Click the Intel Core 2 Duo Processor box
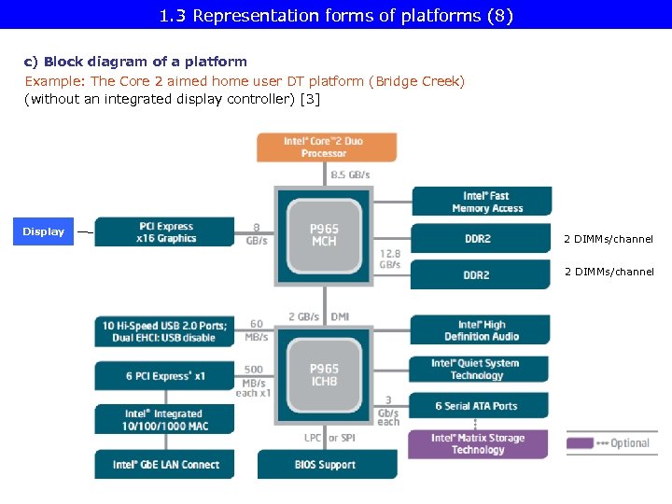coord(326,147)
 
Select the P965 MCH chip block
coord(324,235)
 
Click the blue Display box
coord(44,231)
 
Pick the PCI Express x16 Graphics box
coord(165,232)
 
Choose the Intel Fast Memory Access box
coord(481,202)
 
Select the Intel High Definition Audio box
coord(481,330)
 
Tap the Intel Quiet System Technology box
coord(479,370)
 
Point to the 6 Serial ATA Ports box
coord(479,406)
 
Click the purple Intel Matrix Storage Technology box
coord(478,443)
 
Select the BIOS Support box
coord(325,464)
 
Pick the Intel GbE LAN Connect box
coord(165,464)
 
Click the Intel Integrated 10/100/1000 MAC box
coord(164,420)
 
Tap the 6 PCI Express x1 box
coord(164,376)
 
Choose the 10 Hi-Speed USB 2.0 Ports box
coord(164,331)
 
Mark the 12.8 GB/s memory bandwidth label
coord(389,259)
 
